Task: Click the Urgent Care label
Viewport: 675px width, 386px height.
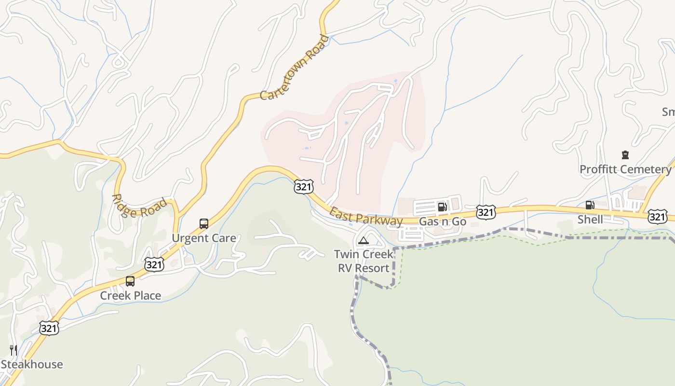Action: click(x=204, y=238)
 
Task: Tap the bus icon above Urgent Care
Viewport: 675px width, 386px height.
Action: click(x=204, y=224)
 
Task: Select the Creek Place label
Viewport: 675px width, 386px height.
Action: click(x=130, y=295)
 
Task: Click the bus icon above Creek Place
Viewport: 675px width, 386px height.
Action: click(x=130, y=281)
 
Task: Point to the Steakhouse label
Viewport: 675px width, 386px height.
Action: click(x=32, y=364)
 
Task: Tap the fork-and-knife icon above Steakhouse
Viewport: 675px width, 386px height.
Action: click(x=13, y=350)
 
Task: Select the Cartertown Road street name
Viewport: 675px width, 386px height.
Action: click(x=294, y=68)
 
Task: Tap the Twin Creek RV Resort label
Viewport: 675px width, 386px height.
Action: click(x=364, y=261)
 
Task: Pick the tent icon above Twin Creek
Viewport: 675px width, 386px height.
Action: click(x=364, y=240)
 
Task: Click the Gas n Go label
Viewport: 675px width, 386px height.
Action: click(x=443, y=222)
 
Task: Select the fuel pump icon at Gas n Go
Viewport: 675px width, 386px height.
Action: click(x=442, y=207)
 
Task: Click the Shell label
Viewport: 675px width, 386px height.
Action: click(x=590, y=220)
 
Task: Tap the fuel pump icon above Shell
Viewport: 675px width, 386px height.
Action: click(x=590, y=205)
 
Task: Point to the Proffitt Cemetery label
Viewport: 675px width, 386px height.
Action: click(x=625, y=169)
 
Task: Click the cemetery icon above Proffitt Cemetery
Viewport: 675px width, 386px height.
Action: click(x=625, y=155)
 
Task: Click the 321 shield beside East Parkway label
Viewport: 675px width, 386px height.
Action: click(x=304, y=186)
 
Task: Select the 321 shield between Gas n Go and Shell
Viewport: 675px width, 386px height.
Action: click(x=486, y=211)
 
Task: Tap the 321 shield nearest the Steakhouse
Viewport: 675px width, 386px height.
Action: click(x=49, y=328)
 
